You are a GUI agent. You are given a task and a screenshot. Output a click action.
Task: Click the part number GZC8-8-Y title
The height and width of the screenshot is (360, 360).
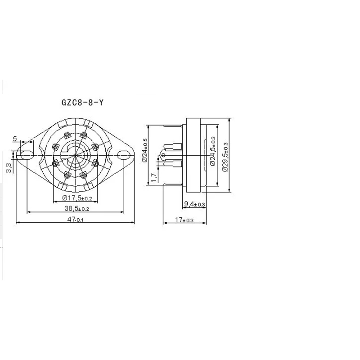pos(82,103)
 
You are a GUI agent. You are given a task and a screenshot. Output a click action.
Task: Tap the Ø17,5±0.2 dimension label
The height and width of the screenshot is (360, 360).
pos(77,198)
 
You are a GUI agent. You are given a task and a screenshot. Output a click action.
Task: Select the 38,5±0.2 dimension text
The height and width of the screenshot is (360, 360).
pos(76,208)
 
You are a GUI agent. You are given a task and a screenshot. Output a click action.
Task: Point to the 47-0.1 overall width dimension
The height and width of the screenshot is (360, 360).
pos(76,220)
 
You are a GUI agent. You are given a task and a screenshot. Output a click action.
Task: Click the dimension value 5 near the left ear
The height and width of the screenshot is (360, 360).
pos(15,139)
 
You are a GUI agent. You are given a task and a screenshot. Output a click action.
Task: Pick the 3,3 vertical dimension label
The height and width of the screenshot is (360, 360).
pos(9,168)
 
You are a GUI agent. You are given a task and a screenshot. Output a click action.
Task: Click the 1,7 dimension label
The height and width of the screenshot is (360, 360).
pos(154,177)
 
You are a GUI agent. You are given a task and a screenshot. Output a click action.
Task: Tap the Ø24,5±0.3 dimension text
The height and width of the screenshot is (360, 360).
pos(212,151)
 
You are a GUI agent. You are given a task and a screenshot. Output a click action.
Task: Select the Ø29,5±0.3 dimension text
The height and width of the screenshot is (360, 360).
pos(225,157)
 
